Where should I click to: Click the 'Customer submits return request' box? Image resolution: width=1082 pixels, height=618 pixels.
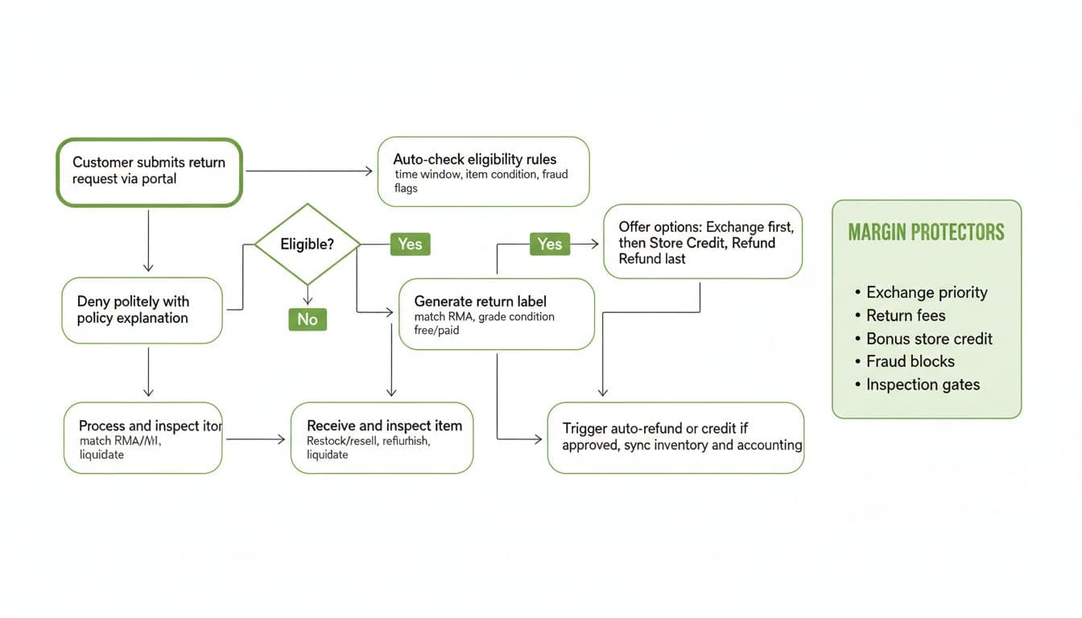pos(149,172)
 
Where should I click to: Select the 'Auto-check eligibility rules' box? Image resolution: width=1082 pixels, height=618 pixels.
pos(483,171)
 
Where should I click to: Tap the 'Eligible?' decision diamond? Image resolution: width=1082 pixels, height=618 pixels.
pos(307,244)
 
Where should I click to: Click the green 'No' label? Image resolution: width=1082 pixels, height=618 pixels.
pos(308,319)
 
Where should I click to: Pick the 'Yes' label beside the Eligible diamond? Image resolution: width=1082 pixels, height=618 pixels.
pos(410,244)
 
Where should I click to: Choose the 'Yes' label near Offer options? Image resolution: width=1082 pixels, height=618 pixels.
pos(550,244)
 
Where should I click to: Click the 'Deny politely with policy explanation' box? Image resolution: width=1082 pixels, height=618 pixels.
pos(142,311)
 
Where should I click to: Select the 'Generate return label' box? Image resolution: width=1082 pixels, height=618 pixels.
pos(496,315)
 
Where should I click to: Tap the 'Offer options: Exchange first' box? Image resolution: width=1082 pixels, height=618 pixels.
pos(703,241)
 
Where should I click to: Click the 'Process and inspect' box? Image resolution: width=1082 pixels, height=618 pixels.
pos(142,438)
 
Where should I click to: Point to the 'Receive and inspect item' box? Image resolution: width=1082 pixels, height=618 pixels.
pos(382,438)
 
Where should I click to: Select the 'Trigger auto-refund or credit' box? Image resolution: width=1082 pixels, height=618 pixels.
pos(675,438)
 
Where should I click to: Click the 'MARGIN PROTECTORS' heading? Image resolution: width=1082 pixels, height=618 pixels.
pos(926,233)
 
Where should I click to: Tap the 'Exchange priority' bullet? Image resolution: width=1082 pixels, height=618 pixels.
pos(926,292)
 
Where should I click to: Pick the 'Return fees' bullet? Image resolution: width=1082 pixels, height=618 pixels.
pos(905,315)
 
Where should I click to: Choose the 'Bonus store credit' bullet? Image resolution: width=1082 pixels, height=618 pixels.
pos(928,339)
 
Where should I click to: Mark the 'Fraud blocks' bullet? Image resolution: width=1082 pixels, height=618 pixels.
pos(910,361)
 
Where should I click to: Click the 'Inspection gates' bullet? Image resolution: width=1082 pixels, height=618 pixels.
pos(922,385)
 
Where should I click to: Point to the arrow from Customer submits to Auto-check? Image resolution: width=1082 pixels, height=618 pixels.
pos(309,171)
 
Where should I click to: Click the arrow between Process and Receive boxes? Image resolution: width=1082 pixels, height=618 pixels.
pos(256,439)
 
